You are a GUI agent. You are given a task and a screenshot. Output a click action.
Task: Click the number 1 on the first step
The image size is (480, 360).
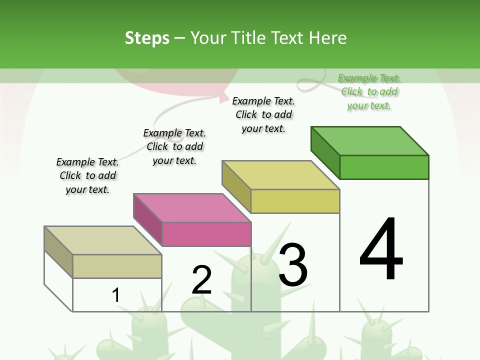pyautogui.click(x=116, y=295)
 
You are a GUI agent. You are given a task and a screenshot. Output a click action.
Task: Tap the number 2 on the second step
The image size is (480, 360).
pyautogui.click(x=201, y=280)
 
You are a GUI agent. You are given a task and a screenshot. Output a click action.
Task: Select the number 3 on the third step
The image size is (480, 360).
pyautogui.click(x=293, y=265)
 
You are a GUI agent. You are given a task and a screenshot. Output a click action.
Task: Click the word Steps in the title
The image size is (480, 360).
pyautogui.click(x=147, y=38)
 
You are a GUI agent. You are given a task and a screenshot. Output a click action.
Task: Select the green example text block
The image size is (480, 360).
pyautogui.click(x=369, y=91)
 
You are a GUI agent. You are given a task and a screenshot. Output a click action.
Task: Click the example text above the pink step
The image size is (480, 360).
pyautogui.click(x=174, y=146)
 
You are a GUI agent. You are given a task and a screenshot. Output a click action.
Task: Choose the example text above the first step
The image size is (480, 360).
pyautogui.click(x=87, y=175)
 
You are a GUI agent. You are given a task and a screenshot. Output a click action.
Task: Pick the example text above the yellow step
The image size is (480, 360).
pyautogui.click(x=263, y=114)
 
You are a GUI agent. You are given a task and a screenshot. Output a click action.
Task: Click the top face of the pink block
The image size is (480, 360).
pyautogui.click(x=192, y=207)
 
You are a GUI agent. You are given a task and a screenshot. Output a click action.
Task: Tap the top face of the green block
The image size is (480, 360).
pyautogui.click(x=370, y=140)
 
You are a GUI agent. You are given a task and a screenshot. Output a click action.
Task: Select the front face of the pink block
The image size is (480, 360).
pyautogui.click(x=206, y=234)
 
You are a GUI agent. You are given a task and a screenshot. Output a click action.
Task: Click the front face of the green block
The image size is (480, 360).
pyautogui.click(x=384, y=167)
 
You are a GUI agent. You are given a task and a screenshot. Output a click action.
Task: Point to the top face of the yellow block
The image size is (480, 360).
pyautogui.click(x=281, y=175)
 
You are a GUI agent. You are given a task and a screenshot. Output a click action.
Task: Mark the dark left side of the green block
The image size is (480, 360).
pyautogui.click(x=325, y=151)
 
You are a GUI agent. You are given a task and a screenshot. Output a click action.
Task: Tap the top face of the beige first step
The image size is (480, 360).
pyautogui.click(x=103, y=240)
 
